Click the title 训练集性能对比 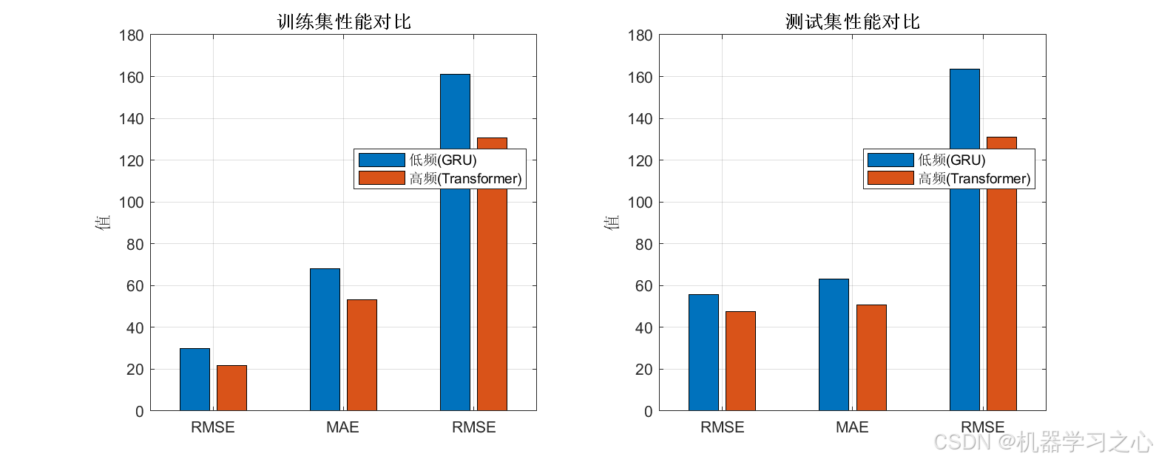[x=343, y=21]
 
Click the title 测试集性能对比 [x=852, y=21]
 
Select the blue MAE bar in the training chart [x=325, y=339]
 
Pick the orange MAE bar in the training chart [x=362, y=355]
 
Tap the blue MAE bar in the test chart [x=834, y=344]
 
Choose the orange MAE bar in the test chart [x=871, y=357]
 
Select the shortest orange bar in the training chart [x=231, y=388]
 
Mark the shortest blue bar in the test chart [x=703, y=353]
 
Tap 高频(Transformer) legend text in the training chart [x=465, y=178]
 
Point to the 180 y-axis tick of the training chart [x=133, y=35]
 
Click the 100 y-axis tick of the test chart [x=642, y=203]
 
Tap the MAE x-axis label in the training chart [x=342, y=427]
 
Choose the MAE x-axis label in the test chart [x=852, y=427]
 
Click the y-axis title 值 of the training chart [x=103, y=222]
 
